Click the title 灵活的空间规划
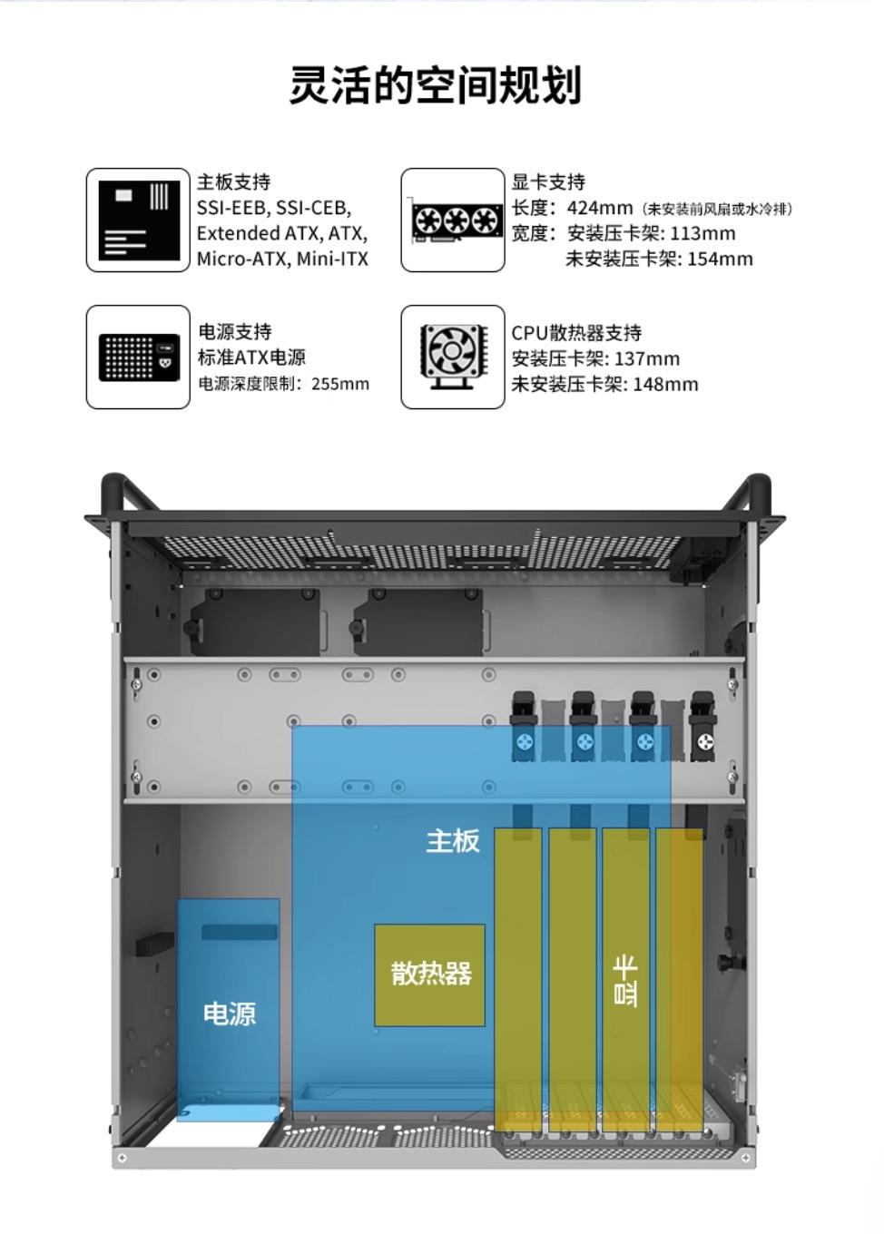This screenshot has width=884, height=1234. tap(435, 86)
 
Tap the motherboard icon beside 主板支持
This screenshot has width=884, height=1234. tap(138, 220)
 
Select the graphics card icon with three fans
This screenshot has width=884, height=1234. tap(453, 220)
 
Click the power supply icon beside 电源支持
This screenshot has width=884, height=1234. tap(138, 357)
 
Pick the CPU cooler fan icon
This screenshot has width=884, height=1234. tap(453, 356)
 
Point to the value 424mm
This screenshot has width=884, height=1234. tap(599, 208)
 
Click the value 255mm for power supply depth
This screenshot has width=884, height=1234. tap(340, 384)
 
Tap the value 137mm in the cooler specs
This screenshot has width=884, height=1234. tap(646, 358)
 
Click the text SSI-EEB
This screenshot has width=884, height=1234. tap(231, 208)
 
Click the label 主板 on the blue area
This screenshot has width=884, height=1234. tap(453, 841)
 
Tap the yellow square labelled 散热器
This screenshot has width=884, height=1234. tap(430, 974)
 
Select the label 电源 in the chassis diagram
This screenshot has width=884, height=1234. tap(229, 1014)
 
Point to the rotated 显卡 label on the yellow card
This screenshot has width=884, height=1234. tap(625, 980)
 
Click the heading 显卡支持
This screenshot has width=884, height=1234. tap(548, 182)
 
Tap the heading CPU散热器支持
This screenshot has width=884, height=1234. tap(576, 333)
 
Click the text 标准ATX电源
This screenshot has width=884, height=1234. tap(251, 357)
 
